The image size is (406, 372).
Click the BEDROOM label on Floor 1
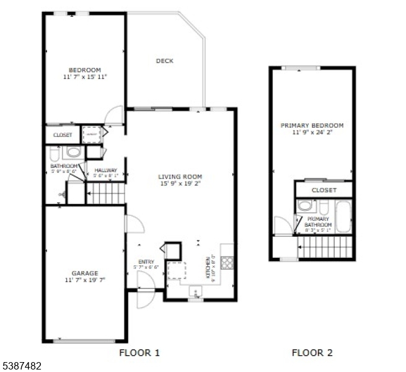click(x=84, y=70)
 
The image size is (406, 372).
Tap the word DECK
click(x=164, y=61)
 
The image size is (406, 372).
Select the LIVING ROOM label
click(x=180, y=177)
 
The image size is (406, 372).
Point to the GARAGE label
click(x=84, y=273)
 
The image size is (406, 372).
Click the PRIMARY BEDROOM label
click(x=312, y=125)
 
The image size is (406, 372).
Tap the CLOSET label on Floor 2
click(x=324, y=190)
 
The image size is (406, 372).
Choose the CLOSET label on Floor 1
click(x=62, y=135)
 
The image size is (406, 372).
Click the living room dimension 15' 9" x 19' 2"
click(x=180, y=184)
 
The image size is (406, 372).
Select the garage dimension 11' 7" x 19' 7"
click(x=84, y=280)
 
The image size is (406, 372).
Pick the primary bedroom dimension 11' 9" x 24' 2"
click(x=312, y=132)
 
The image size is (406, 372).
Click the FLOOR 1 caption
click(x=139, y=353)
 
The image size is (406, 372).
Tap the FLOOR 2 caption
click(x=312, y=353)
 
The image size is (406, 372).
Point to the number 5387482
click(x=22, y=366)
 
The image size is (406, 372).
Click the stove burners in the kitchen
click(x=227, y=262)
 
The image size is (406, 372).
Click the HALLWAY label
click(x=105, y=170)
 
